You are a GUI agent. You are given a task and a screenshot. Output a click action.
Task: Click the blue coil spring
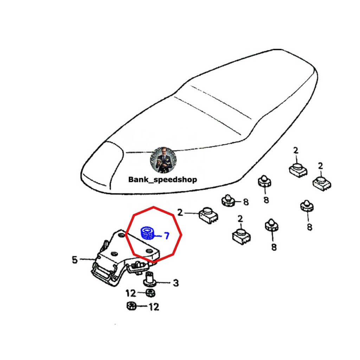click(147, 233)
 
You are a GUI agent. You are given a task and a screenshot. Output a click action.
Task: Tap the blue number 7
click(166, 236)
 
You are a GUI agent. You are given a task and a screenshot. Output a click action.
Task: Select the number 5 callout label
click(75, 260)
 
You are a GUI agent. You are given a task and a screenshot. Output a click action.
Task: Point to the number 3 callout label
click(176, 283)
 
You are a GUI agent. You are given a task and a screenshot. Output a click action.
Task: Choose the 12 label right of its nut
click(154, 307)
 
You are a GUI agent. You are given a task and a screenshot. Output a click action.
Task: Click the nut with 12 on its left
click(150, 293)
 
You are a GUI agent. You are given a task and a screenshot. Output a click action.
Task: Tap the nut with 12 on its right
click(131, 306)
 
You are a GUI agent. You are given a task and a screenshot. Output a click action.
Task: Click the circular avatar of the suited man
click(163, 160)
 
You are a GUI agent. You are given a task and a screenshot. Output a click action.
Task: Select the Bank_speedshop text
click(162, 180)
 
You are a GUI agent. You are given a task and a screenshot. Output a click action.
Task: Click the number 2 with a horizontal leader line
click(180, 213)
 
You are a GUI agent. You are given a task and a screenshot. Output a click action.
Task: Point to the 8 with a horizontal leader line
click(246, 202)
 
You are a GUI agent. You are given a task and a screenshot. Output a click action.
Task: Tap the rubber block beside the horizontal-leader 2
click(208, 215)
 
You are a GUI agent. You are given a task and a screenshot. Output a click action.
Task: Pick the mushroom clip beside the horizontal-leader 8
click(228, 201)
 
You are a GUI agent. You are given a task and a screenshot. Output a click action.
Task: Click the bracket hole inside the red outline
click(149, 250)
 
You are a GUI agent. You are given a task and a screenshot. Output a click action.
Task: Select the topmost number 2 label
click(296, 150)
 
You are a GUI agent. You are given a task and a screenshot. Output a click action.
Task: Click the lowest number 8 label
click(274, 247)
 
